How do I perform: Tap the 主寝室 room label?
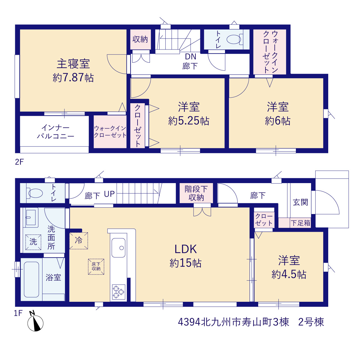(73, 64)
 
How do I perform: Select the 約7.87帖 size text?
(73, 78)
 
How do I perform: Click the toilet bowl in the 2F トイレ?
(233, 39)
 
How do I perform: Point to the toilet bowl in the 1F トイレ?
(35, 193)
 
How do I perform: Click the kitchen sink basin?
(118, 248)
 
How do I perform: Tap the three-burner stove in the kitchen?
(119, 292)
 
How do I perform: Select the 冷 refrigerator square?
(79, 241)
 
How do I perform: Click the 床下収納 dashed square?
(96, 267)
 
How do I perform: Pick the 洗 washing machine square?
(33, 242)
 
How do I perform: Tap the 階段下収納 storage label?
(196, 193)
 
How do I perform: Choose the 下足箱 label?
(300, 223)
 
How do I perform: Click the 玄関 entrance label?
(300, 202)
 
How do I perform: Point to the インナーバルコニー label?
(55, 132)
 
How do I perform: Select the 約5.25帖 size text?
(189, 121)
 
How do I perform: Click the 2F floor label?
(19, 162)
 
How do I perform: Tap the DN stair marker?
(191, 57)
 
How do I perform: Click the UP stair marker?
(109, 194)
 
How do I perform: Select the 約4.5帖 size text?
(289, 274)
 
